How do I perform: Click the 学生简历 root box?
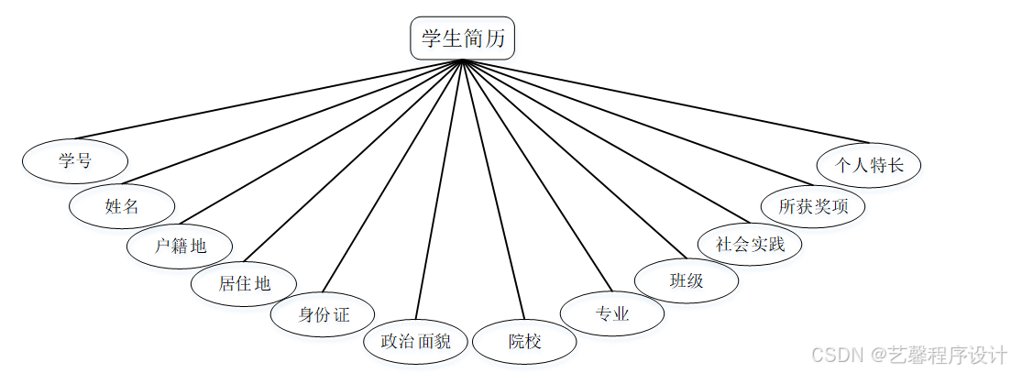coord(463,39)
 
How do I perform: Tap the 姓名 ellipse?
coord(122,205)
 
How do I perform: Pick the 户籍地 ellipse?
coord(180,246)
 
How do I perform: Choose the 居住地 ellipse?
coord(244,283)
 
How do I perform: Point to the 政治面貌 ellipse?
coord(416,342)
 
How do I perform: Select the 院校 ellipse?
coord(525,342)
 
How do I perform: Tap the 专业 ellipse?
coord(612,314)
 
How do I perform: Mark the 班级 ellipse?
coord(687,280)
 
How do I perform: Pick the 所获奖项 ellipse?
coord(813,206)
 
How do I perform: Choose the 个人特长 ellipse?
coord(869,165)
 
